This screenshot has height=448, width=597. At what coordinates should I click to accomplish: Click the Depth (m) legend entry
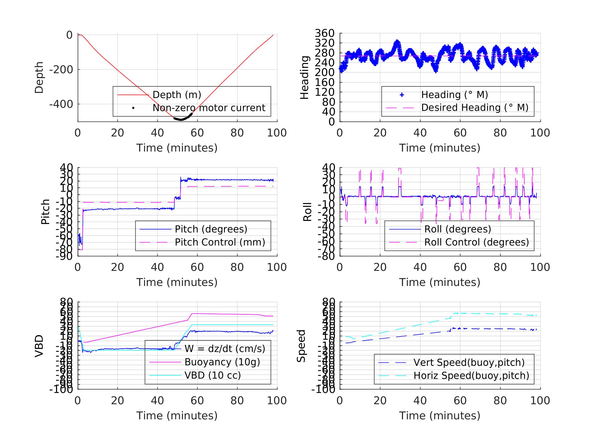point(177,95)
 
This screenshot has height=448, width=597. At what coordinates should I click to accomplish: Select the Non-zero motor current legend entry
point(209,108)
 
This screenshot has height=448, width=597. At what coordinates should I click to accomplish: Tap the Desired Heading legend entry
point(474,108)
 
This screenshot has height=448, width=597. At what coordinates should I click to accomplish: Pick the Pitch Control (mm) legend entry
point(220,242)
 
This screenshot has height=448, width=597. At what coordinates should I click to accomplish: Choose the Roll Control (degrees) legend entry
point(476,242)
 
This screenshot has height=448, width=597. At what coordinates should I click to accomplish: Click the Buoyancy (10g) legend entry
point(222,362)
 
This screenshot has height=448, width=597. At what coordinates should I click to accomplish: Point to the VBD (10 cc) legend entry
point(212,375)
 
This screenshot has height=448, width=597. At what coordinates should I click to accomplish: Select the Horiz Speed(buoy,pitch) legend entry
point(471,375)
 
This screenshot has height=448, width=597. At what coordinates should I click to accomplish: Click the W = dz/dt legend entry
point(225,349)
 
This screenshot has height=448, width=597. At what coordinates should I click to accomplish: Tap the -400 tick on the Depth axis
point(61,104)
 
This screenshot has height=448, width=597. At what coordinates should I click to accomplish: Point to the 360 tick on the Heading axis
point(324,33)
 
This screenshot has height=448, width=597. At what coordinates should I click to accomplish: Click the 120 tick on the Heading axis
point(324,92)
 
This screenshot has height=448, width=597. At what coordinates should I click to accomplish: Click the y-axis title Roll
point(307,212)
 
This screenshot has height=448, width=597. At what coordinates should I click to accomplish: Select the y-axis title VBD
point(39,346)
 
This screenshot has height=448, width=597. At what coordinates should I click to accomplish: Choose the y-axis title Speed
point(301,346)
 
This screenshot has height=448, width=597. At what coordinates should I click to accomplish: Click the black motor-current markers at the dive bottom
point(181,119)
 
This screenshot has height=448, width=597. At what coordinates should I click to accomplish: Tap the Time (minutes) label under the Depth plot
point(177,148)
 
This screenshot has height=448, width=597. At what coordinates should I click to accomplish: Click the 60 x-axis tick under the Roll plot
point(460,267)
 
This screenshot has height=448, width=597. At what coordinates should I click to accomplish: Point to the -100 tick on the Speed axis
point(323,389)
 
